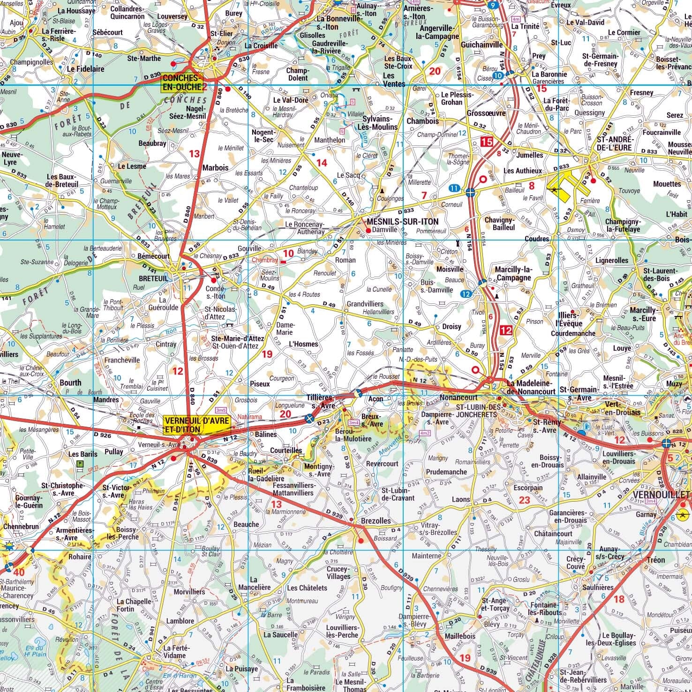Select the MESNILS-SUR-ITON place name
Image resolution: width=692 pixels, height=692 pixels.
click(x=403, y=222)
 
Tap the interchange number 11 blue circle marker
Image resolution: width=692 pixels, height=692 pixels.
click(x=453, y=188)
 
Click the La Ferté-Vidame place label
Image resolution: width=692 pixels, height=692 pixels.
click(x=174, y=652)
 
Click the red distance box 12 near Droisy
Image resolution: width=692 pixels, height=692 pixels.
click(x=505, y=330)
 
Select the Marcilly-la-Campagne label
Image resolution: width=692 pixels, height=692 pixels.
click(x=513, y=273)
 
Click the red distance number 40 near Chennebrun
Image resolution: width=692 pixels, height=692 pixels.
click(x=19, y=572)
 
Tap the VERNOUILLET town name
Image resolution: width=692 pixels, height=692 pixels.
click(x=662, y=495)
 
